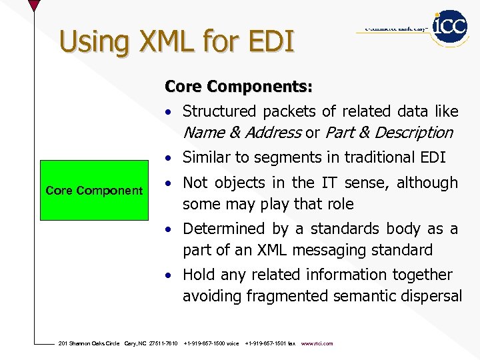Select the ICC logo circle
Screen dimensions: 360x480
[449, 27]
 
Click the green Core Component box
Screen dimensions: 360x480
[94, 191]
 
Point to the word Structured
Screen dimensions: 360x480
[219, 111]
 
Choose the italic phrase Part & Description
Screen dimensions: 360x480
[389, 133]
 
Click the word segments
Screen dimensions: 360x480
[292, 157]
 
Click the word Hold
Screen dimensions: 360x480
[199, 275]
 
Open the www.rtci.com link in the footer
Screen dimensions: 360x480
[317, 344]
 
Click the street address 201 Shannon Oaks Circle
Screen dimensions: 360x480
[89, 344]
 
